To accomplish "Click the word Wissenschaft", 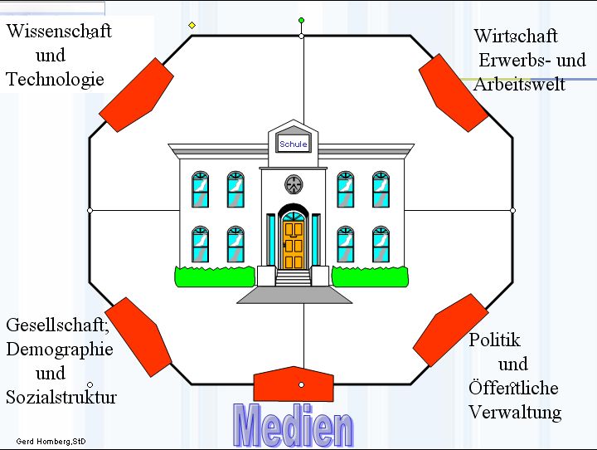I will pos(59,32).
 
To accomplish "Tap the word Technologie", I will pos(55,79).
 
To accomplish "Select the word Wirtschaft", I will pos(516,37).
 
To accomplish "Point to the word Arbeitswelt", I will pos(519,85).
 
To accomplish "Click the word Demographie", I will pos(59,349).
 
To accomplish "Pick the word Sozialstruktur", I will pos(61,397).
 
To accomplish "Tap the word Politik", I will pos(494,340).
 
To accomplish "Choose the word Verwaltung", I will pos(515,412).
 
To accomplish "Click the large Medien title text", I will pos(294,425).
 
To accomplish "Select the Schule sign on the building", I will pos(294,144).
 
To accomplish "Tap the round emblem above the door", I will pos(293,184).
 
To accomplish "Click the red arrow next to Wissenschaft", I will pos(138,94).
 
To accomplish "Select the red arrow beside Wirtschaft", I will pos(454,92).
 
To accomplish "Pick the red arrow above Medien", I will pos(293,384).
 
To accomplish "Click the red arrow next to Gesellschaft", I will pos(138,335).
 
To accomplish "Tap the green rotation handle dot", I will pos(301,20).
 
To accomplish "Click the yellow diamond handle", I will pos(192,26).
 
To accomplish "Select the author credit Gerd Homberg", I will pos(50,441).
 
